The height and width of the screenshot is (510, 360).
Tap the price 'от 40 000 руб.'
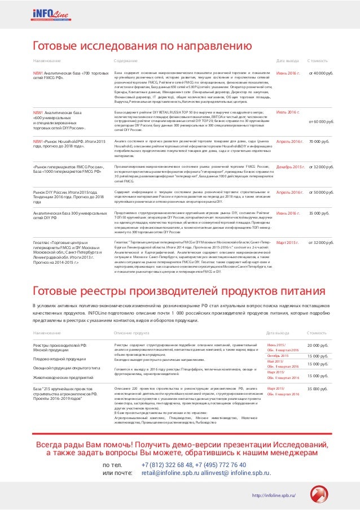(x=322, y=73)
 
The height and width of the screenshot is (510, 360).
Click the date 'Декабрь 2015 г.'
(x=291, y=167)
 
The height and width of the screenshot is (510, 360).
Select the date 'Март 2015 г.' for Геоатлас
(x=288, y=242)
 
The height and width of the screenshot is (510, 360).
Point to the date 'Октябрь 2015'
(x=278, y=356)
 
